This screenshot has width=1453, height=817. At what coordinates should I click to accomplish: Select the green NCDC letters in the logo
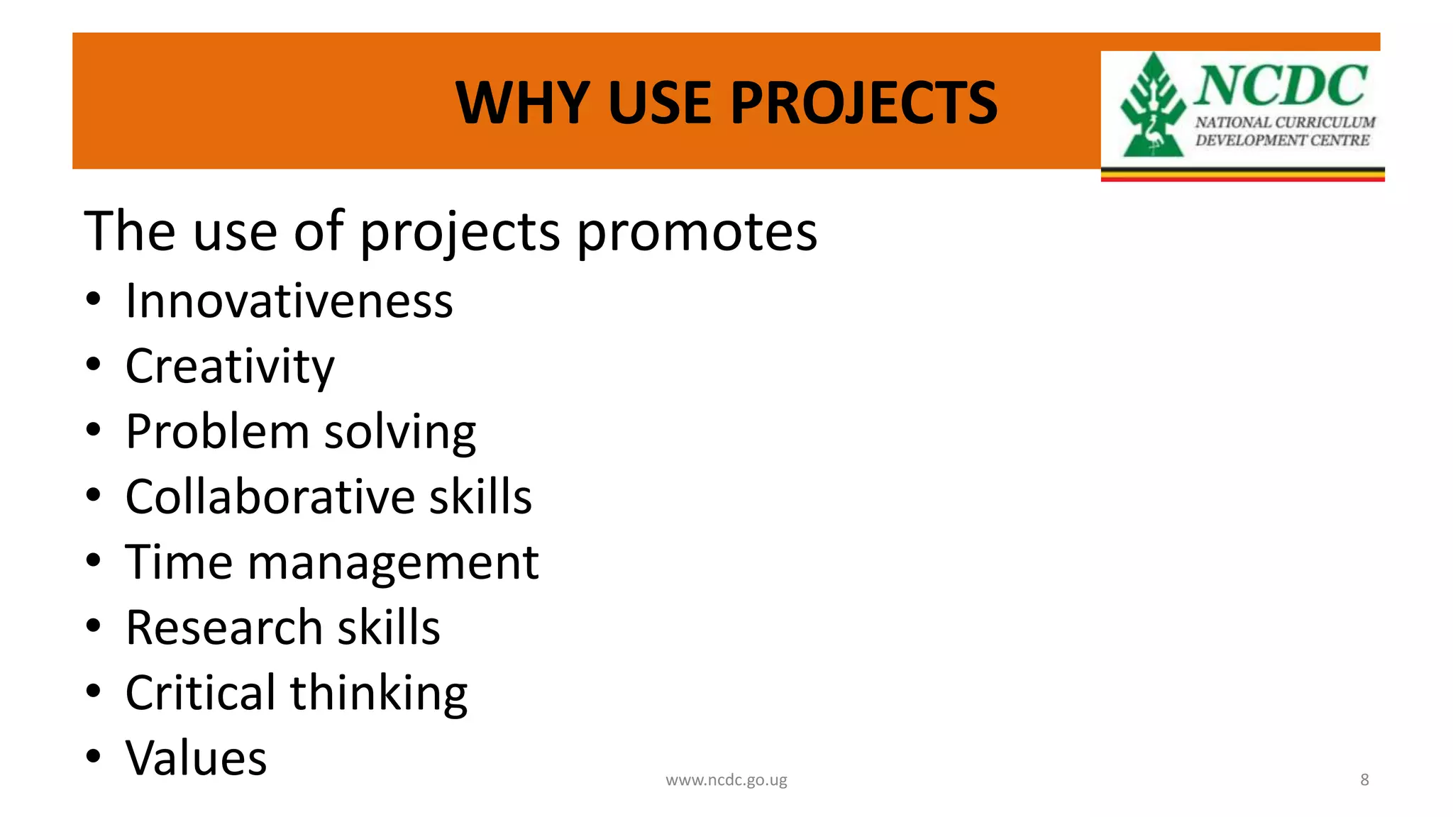(x=1281, y=85)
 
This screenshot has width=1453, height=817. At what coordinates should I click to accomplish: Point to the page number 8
(x=1364, y=780)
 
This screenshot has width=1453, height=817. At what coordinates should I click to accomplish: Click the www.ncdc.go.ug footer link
(x=726, y=780)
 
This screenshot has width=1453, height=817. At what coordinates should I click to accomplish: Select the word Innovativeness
(x=289, y=301)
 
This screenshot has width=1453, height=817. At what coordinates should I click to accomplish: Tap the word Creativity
(x=230, y=367)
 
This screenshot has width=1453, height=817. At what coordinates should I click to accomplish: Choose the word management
(x=393, y=562)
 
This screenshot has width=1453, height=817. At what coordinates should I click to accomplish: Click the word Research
(x=224, y=628)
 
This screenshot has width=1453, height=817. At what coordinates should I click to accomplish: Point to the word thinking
(x=379, y=694)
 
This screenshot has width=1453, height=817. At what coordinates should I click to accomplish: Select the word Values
(x=196, y=758)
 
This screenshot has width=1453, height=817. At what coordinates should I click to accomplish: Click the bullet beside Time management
(x=94, y=561)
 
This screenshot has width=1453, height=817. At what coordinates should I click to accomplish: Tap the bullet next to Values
(x=94, y=757)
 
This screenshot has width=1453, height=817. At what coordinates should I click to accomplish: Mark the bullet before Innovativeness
(x=94, y=299)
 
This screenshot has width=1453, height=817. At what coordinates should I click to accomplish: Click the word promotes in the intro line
(x=697, y=232)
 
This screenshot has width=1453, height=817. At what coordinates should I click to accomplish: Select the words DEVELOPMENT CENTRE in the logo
(x=1282, y=140)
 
